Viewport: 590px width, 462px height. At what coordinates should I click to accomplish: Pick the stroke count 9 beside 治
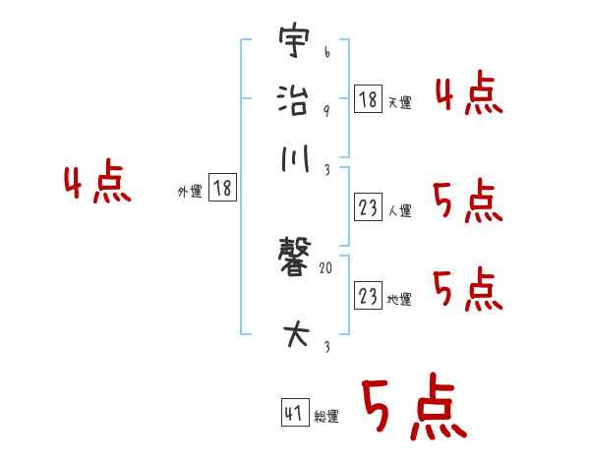(x=325, y=109)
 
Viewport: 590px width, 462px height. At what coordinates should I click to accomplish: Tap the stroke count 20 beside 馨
(x=326, y=266)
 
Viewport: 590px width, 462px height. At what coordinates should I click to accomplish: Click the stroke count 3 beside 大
(x=325, y=346)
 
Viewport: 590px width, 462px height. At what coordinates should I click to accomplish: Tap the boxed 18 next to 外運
(x=223, y=189)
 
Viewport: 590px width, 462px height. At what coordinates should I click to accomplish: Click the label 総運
(x=326, y=417)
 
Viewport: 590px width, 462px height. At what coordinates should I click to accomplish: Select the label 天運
(x=399, y=103)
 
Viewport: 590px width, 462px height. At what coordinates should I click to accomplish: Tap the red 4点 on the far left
(x=96, y=184)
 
